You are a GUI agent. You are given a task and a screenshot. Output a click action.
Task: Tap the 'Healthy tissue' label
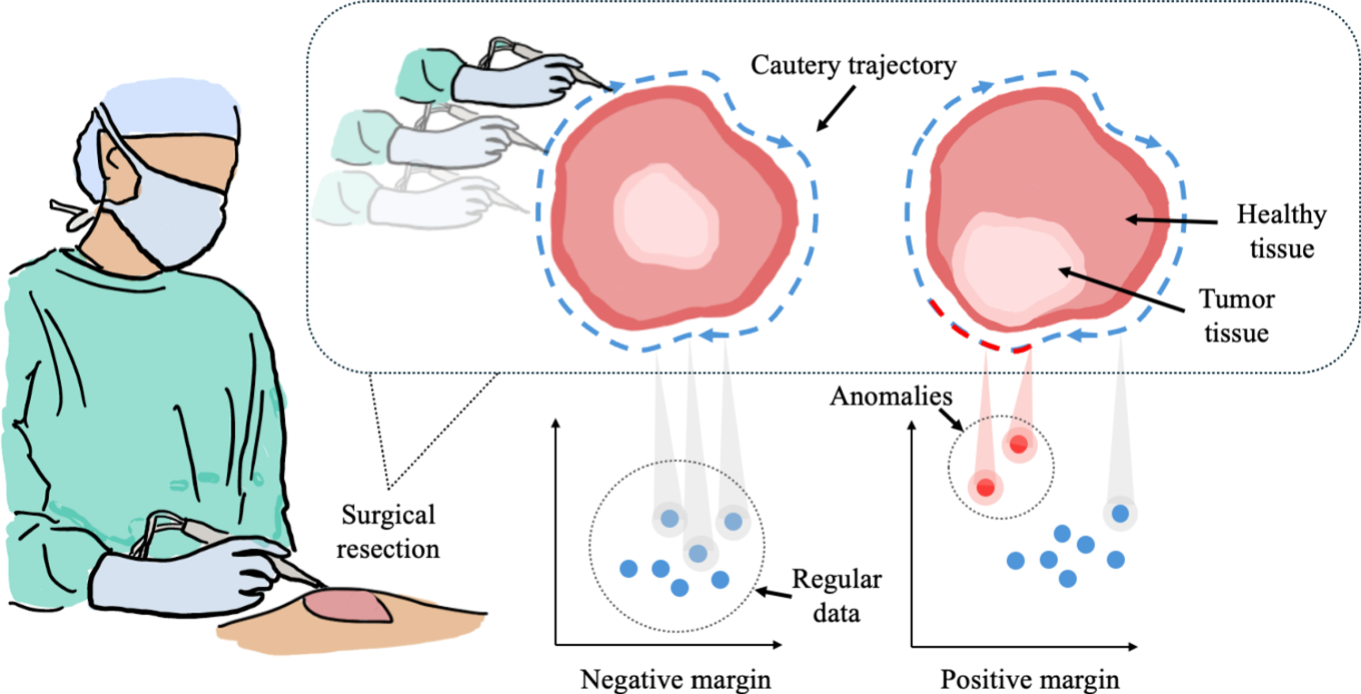coord(1280,231)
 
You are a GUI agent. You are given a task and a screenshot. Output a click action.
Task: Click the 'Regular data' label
coord(837,596)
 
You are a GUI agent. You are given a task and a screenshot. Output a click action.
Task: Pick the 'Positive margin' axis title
coord(1029,679)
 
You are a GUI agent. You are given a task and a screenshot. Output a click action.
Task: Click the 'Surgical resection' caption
coord(389,532)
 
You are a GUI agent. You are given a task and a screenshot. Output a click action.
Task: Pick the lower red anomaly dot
coord(985,487)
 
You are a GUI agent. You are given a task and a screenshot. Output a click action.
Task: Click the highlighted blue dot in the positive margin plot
coord(1121,513)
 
